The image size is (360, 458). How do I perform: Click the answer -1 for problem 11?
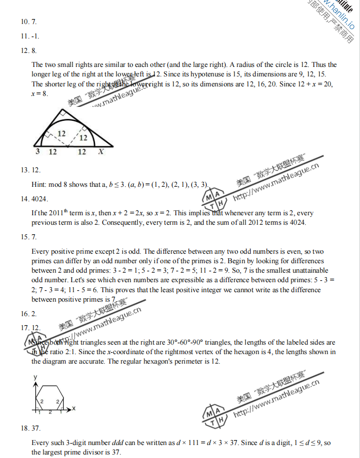coord(35,36)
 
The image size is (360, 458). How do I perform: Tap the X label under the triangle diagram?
coord(101,151)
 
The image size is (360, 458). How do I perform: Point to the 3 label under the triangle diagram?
coord(37,151)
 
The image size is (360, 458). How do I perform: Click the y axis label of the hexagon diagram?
coord(35,378)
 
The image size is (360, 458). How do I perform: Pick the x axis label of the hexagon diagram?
coord(73,409)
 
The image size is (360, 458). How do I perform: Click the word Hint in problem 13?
coord(38,184)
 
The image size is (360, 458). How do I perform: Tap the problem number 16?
coord(25,314)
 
